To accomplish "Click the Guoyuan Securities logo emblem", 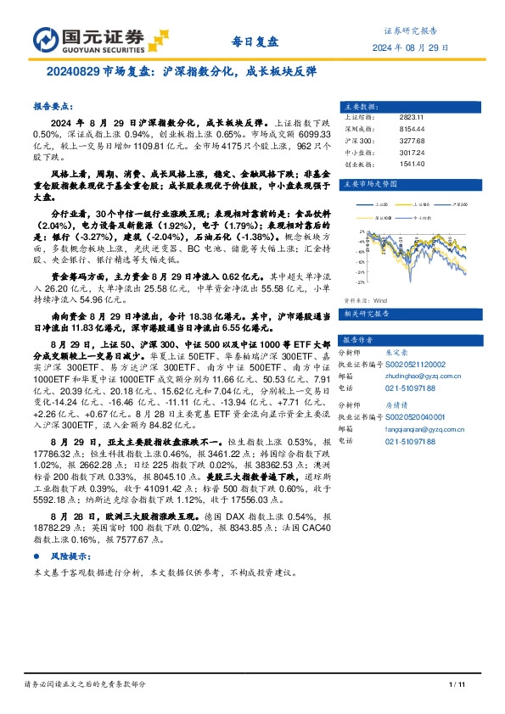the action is (44, 40).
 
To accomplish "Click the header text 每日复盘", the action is (255, 42).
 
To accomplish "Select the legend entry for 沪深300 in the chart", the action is (459, 204).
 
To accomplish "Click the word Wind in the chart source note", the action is (380, 299).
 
